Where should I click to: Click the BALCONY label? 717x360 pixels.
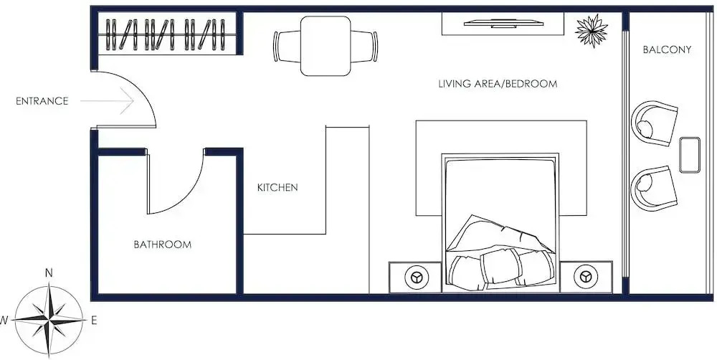click(x=667, y=49)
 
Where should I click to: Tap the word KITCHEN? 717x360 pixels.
click(x=277, y=187)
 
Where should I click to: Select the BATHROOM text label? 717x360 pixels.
click(x=162, y=245)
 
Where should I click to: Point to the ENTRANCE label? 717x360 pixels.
click(x=42, y=101)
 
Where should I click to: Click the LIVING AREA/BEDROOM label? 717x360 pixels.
click(x=498, y=84)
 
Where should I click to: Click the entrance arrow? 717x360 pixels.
click(x=107, y=100)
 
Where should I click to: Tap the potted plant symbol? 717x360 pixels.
click(x=592, y=31)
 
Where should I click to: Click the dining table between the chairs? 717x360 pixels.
click(x=326, y=46)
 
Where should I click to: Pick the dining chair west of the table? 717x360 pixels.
click(x=287, y=46)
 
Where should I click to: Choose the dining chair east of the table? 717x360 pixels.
click(x=364, y=46)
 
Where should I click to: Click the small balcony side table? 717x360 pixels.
click(x=690, y=155)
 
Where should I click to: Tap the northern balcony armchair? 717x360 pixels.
click(x=654, y=123)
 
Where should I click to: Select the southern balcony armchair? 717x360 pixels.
click(x=654, y=189)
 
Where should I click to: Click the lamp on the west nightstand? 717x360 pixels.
click(x=416, y=278)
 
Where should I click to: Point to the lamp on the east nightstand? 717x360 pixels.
click(x=586, y=278)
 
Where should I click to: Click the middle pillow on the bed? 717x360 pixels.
click(x=500, y=266)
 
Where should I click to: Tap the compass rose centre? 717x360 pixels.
click(x=49, y=320)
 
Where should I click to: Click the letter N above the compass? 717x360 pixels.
click(x=49, y=273)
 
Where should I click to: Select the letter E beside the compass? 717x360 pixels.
click(x=94, y=321)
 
